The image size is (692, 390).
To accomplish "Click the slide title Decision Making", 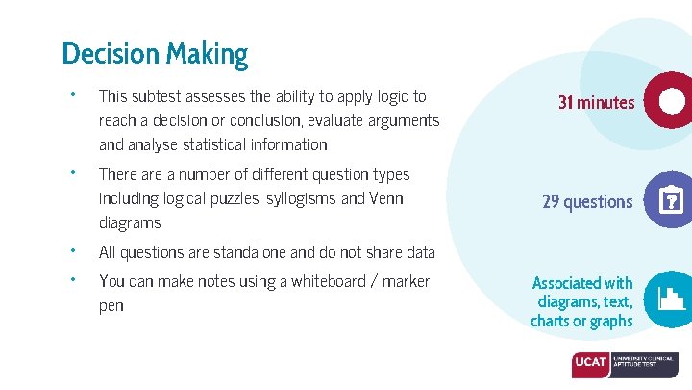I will point(155,54).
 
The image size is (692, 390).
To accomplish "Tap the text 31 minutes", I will point(596,102).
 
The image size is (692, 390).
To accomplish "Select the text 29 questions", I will point(587,201).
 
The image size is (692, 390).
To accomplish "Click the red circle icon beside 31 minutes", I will point(670,100).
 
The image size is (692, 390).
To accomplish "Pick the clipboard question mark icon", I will point(669,200).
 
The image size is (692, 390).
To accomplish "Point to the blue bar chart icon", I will point(669,299).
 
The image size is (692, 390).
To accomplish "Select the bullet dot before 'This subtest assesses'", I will point(72,94).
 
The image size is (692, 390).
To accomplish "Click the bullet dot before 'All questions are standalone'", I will point(72,250).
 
